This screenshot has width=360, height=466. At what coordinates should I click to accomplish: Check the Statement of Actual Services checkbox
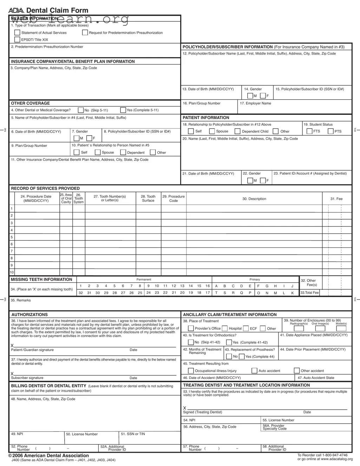[17, 33]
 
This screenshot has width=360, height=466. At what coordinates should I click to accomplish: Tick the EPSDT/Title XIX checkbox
[17, 40]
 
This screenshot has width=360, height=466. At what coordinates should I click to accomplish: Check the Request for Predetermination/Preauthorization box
[85, 33]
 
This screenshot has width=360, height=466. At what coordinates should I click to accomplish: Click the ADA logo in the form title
[16, 11]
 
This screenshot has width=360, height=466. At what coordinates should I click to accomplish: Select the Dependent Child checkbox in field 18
[237, 131]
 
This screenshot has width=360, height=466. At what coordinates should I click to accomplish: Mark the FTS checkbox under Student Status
[309, 131]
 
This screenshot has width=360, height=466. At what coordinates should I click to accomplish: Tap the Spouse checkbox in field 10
[98, 152]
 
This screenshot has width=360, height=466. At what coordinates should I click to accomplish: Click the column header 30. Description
[254, 199]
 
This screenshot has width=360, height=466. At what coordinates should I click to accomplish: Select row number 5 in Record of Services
[12, 237]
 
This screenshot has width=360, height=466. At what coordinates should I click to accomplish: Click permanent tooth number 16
[208, 286]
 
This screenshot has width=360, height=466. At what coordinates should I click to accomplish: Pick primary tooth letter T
[216, 293]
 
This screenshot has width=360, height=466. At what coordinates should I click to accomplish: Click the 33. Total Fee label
[309, 293]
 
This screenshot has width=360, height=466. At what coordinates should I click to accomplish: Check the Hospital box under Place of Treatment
[225, 329]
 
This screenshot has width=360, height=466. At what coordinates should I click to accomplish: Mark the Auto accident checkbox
[255, 371]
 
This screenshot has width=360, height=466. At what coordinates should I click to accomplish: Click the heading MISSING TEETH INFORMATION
[41, 280]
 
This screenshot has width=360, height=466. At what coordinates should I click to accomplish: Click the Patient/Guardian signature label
[32, 350]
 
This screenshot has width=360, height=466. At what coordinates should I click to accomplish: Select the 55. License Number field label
[279, 420]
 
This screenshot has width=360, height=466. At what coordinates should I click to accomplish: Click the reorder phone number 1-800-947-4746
[332, 455]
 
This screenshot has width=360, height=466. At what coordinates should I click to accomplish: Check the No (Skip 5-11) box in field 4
[81, 110]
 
